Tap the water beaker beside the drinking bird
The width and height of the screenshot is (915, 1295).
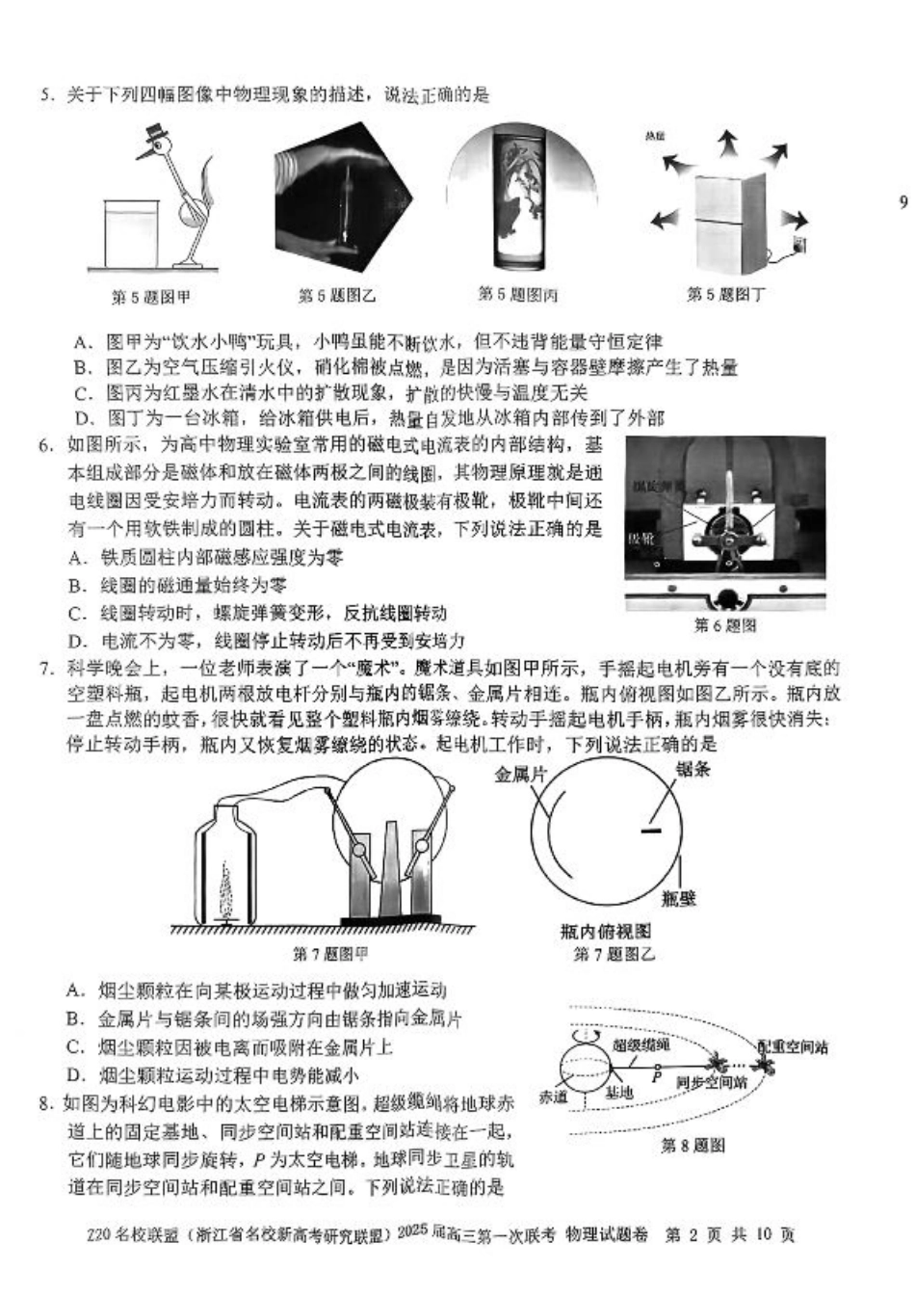click(131, 234)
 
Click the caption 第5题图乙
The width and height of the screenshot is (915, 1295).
click(337, 296)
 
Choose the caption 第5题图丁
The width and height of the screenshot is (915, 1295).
click(725, 294)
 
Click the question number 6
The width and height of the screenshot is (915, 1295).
click(45, 445)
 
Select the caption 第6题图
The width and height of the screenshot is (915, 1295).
click(725, 625)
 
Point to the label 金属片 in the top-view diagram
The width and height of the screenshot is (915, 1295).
click(520, 774)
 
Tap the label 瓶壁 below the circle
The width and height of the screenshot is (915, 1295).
click(679, 898)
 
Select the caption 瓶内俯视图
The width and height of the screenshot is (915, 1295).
click(605, 931)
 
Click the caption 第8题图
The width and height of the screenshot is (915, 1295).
click(693, 1146)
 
